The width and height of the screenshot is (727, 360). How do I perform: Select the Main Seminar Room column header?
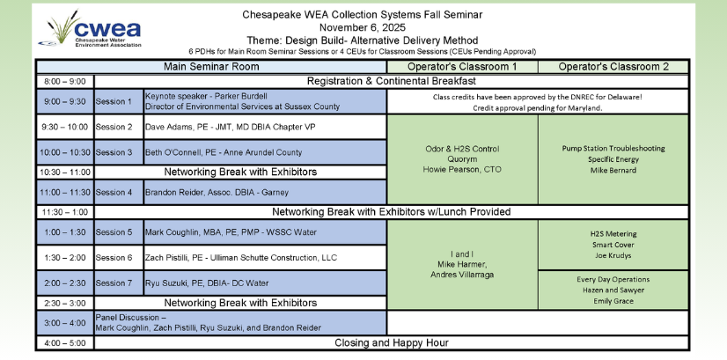click(211, 67)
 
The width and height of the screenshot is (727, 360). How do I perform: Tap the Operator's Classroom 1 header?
click(462, 67)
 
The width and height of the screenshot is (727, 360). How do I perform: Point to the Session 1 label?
click(118, 101)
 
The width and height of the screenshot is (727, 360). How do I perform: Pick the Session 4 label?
click(118, 192)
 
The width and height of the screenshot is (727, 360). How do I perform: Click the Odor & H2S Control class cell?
click(462, 158)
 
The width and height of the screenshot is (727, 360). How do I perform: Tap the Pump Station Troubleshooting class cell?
click(613, 159)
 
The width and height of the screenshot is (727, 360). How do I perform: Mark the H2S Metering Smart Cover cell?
click(613, 244)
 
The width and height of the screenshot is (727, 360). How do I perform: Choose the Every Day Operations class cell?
click(613, 289)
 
